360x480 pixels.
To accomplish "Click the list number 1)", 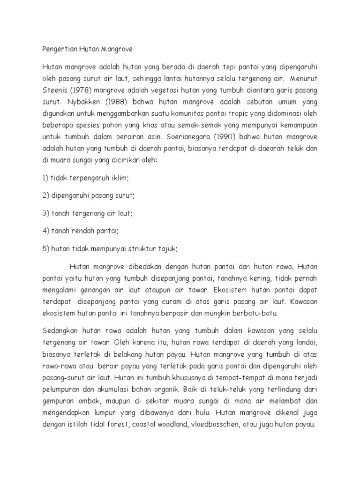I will (x=45, y=178).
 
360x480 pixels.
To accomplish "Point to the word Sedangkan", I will (x=61, y=328).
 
